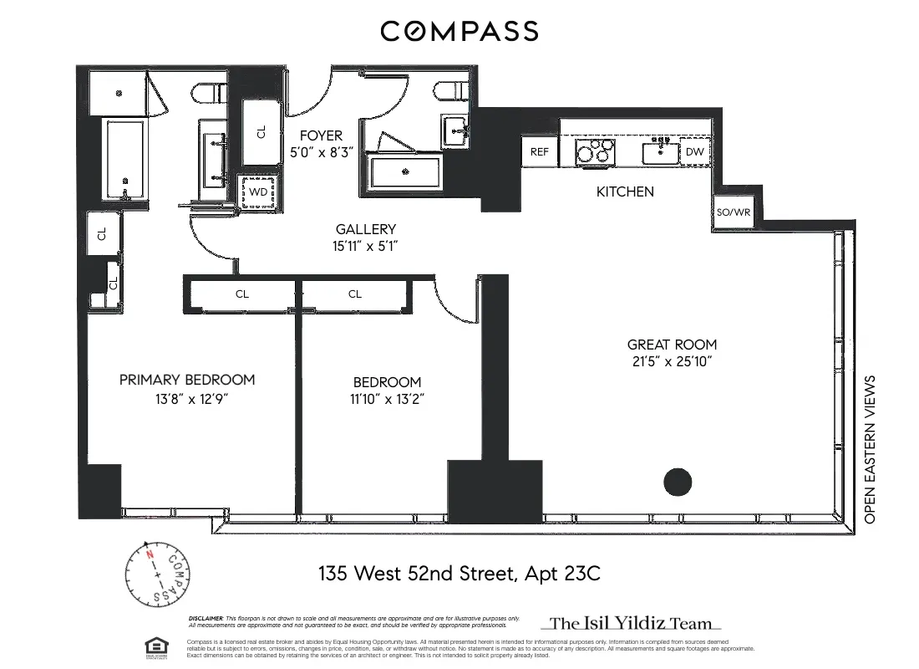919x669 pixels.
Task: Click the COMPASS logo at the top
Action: coord(459,32)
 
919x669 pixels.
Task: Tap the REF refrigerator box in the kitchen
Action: coord(540,152)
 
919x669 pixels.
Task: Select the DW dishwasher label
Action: coord(694,152)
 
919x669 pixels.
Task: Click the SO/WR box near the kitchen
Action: coord(734,212)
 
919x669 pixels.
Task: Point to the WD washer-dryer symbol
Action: coord(259,192)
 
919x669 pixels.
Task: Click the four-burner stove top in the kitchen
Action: coord(595,152)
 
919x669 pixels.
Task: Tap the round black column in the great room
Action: coord(678,482)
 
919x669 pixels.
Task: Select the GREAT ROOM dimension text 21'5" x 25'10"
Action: coord(672,361)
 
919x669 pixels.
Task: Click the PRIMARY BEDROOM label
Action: coord(187,380)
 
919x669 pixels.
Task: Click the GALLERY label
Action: coord(366,229)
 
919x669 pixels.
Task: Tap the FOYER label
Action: coord(316,135)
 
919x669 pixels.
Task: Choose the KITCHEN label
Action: coord(625,192)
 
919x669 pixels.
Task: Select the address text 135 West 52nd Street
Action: coord(459,574)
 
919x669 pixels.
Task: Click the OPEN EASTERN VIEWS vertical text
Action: coord(870,450)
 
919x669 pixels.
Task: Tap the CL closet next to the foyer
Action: coord(261,132)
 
